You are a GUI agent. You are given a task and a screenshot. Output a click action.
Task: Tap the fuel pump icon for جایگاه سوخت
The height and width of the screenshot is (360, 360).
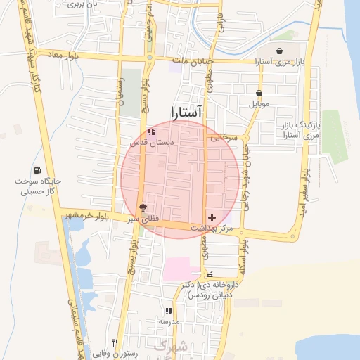click(x=37, y=170)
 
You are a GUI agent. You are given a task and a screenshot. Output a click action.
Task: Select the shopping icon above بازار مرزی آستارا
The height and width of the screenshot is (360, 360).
click(x=281, y=51)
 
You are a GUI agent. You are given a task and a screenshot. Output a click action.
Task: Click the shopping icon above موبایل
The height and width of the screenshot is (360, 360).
click(x=259, y=93)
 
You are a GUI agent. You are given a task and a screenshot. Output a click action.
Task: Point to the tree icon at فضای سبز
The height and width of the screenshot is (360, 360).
click(x=143, y=207)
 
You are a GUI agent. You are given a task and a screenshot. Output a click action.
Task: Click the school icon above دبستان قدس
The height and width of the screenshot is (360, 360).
click(x=151, y=131)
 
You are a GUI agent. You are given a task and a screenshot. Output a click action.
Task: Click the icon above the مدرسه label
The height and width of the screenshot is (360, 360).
click(x=168, y=311)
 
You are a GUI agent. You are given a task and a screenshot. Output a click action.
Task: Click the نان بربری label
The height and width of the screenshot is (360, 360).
click(x=82, y=4)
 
